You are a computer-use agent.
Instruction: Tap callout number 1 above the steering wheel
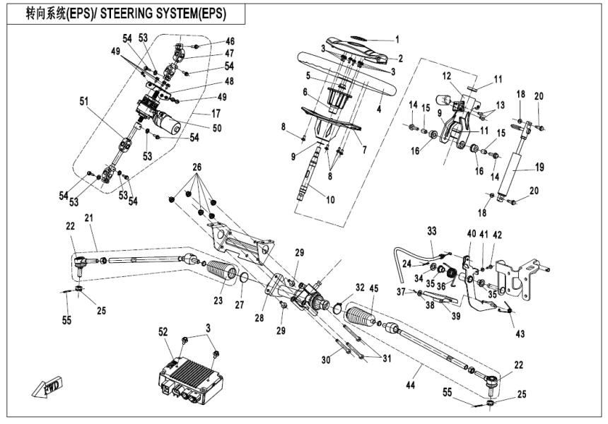(x=397, y=40)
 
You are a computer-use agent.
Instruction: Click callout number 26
(x=196, y=167)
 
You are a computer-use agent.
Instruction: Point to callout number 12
(x=446, y=75)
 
